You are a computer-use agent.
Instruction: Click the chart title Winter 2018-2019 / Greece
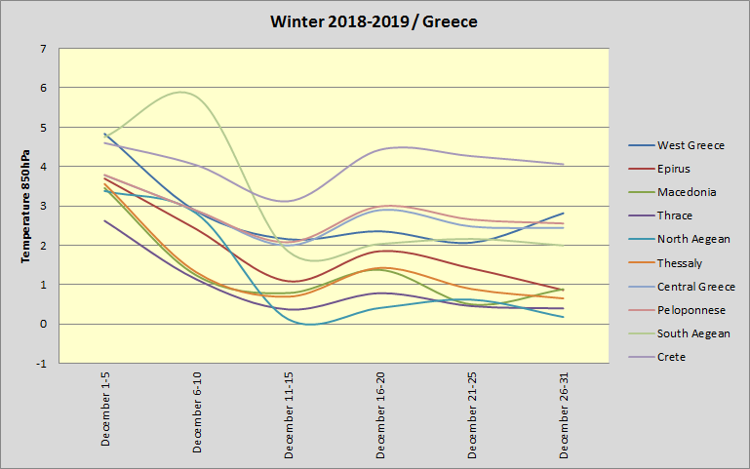click(375, 21)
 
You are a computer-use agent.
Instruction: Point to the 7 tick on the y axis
click(42, 49)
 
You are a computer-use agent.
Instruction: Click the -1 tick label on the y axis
click(40, 364)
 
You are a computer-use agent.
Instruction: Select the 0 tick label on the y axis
click(42, 325)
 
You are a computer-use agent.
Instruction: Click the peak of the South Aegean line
click(181, 92)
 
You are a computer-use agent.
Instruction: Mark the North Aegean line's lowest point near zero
click(310, 324)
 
